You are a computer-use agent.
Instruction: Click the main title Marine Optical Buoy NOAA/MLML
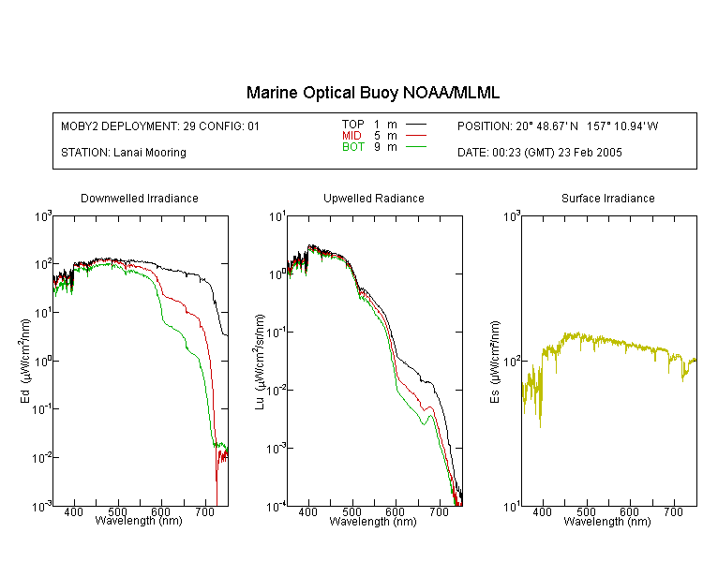372,93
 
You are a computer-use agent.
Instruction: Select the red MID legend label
351,135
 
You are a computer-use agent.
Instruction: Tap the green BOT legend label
352,147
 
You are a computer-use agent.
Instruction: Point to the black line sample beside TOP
416,125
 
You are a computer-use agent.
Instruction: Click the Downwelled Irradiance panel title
140,198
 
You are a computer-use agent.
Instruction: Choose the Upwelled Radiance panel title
374,198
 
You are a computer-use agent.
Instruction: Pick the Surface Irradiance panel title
608,198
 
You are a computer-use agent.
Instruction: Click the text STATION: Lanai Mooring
124,153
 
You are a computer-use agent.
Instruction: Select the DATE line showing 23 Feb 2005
539,153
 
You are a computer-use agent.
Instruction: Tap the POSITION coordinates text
558,126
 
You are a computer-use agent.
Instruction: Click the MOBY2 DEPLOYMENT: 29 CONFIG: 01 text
160,126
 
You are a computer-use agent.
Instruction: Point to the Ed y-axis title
25,362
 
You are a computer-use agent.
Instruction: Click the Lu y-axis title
260,362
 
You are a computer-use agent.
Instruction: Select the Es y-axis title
495,362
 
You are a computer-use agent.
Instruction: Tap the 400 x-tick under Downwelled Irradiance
73,511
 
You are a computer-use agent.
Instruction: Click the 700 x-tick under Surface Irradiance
673,511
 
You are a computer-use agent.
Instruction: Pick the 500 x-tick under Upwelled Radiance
351,511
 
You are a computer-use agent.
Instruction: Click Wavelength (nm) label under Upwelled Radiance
373,521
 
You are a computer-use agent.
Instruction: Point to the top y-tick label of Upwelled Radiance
277,217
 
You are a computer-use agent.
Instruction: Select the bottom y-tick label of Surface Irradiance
512,507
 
